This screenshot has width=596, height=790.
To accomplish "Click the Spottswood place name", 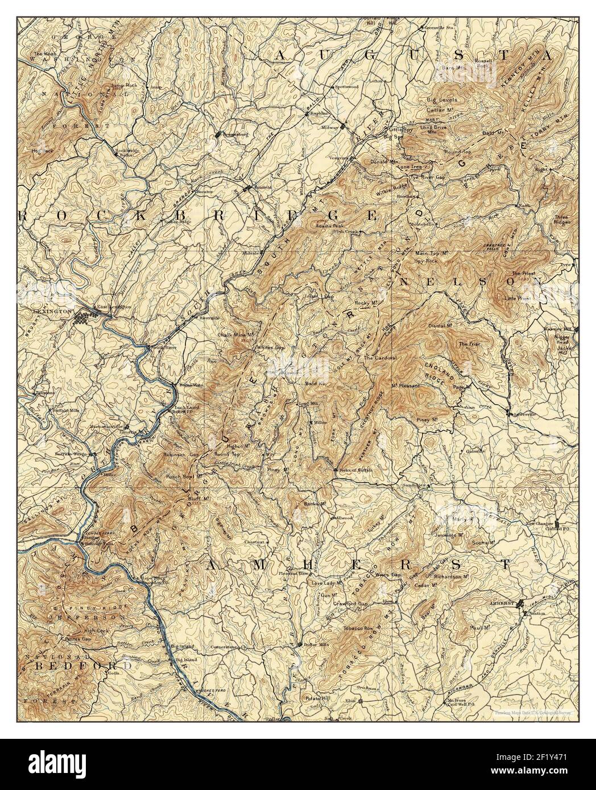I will click(346, 87).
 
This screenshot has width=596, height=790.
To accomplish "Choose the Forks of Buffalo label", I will click(351, 467).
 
